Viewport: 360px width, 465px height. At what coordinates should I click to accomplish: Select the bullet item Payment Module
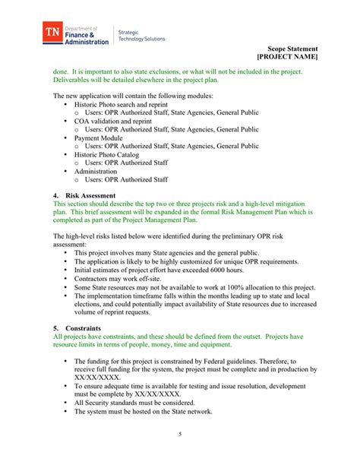(x=98, y=139)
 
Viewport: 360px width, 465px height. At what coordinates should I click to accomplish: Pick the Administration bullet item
(x=99, y=172)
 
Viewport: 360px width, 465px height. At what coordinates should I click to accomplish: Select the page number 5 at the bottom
(x=180, y=434)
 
